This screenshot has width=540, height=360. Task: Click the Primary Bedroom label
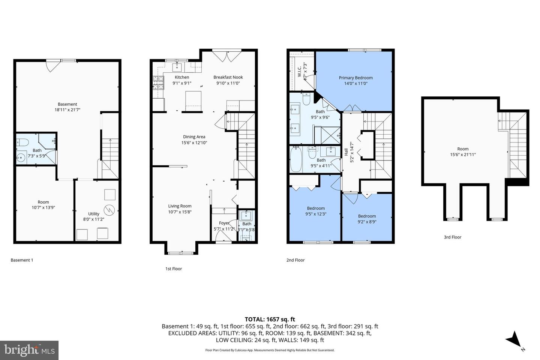[355, 78]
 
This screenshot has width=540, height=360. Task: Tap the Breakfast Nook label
[228, 77]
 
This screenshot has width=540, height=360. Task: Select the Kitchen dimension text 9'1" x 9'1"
[182, 83]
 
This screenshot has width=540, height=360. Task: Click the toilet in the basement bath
[22, 142]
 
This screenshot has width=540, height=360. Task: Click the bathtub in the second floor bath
[296, 159]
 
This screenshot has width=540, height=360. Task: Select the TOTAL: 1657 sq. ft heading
[270, 319]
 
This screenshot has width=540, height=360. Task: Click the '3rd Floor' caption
[452, 237]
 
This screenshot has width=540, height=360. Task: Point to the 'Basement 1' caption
[22, 260]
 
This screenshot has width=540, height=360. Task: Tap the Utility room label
[94, 214]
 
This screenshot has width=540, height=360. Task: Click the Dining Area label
[194, 137]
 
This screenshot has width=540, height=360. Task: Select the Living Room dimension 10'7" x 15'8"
[180, 212]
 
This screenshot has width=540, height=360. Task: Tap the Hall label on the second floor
[346, 152]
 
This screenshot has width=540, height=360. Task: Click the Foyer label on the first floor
[224, 223]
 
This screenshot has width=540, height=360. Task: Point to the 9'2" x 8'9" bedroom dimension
[367, 222]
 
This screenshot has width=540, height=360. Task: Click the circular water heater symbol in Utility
[109, 210]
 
